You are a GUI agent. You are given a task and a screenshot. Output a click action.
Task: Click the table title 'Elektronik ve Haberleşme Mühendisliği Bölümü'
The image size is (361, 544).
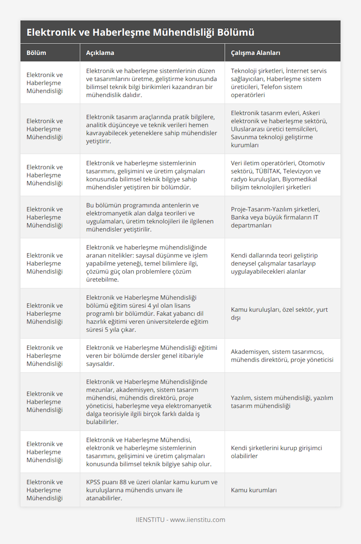click(140, 32)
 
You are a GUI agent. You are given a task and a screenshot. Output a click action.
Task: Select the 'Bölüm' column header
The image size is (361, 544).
click(36, 53)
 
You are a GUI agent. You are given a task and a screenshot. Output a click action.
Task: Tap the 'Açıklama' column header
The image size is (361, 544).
click(100, 53)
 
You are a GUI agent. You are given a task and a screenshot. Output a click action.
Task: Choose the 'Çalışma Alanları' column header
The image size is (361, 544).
click(255, 53)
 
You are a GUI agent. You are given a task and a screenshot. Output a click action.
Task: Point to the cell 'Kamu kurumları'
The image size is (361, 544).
click(254, 490)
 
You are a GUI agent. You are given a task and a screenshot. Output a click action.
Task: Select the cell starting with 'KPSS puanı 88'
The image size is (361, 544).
click(152, 490)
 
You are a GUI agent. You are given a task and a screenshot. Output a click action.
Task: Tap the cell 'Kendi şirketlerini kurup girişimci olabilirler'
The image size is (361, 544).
click(276, 452)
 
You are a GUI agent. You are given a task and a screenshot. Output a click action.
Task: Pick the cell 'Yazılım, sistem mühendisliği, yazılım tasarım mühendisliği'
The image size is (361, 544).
click(282, 402)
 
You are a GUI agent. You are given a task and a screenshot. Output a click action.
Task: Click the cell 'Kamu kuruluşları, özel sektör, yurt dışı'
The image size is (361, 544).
click(279, 314)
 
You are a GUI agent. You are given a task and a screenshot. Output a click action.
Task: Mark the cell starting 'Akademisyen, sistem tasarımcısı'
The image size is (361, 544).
click(282, 356)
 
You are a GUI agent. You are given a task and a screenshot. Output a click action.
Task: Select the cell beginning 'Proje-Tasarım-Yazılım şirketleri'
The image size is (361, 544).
click(275, 217)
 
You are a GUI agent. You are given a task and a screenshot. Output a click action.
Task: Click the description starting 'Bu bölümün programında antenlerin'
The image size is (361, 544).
click(150, 217)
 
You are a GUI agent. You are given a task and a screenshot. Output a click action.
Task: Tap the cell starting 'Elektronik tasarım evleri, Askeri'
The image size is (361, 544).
click(279, 129)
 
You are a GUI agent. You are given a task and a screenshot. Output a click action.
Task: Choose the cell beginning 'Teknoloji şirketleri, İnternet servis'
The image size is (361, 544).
click(279, 83)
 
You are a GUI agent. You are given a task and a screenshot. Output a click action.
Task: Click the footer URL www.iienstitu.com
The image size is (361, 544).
click(198, 520)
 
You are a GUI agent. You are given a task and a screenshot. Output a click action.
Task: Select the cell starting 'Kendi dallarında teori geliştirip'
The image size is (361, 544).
click(274, 263)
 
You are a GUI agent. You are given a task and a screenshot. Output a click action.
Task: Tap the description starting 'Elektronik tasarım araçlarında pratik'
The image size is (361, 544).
click(152, 129)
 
